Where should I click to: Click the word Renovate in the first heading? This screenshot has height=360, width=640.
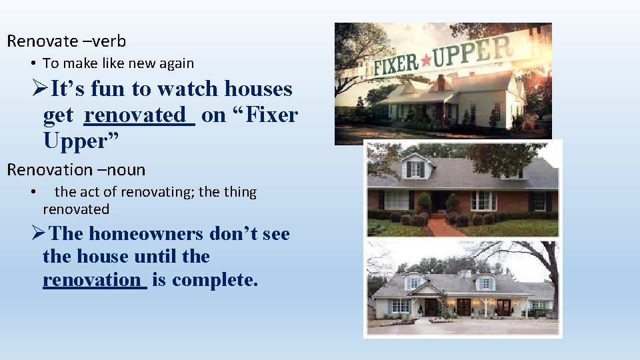[43, 41]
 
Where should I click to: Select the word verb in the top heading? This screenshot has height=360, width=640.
[111, 41]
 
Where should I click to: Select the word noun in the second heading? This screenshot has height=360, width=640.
[127, 170]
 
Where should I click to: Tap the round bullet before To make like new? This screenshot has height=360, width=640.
[33, 64]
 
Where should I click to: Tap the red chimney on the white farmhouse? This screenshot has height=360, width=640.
[441, 83]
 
